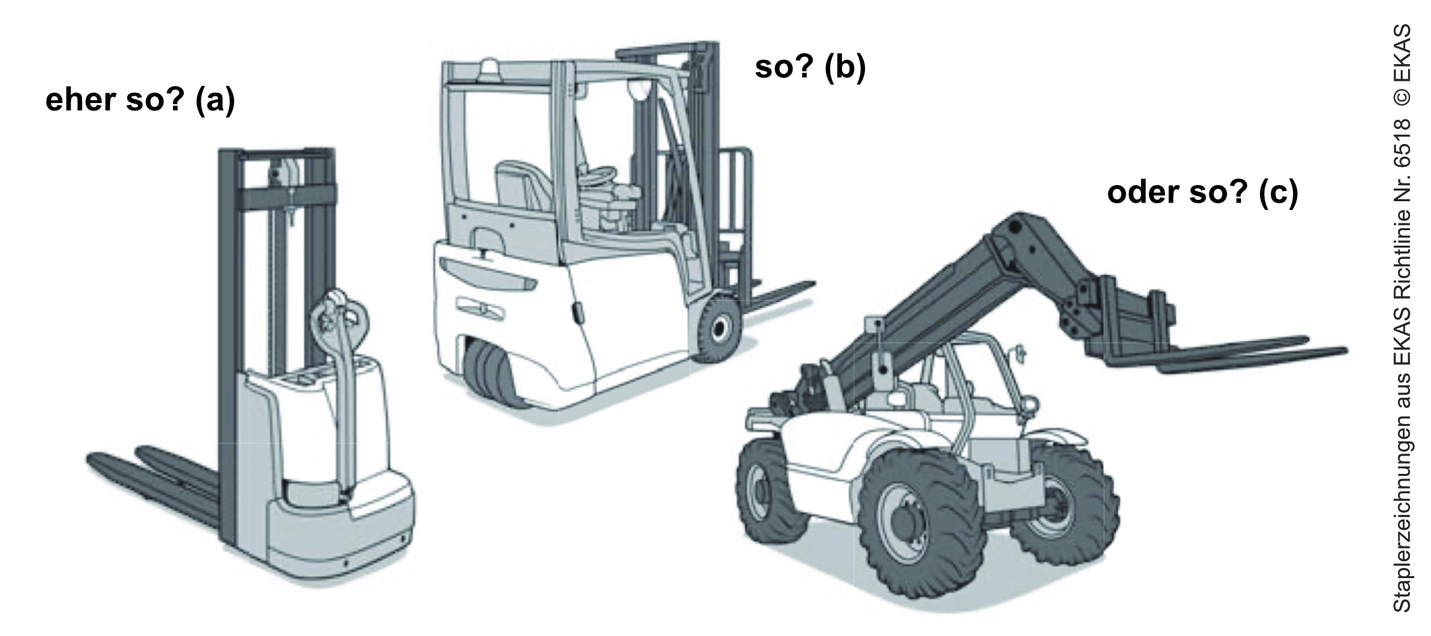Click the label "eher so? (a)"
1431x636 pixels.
tap(140, 101)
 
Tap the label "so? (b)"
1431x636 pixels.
tap(810, 68)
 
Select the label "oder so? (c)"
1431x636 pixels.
tap(1202, 193)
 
